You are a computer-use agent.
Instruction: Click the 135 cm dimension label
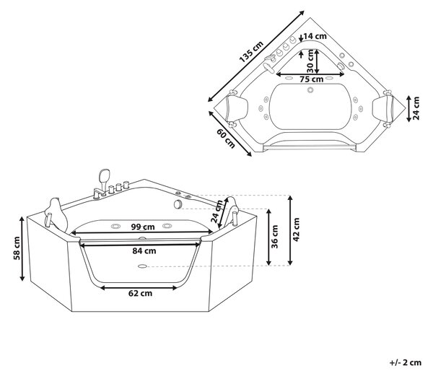(x=251, y=52)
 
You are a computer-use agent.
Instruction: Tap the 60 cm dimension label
(x=226, y=139)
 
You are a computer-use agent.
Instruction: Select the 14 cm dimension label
(x=315, y=36)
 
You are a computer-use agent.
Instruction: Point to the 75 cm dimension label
(x=312, y=79)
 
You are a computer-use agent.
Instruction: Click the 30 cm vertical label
(x=310, y=61)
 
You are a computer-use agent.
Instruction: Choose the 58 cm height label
(x=17, y=248)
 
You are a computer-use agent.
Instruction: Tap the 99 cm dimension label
(x=143, y=227)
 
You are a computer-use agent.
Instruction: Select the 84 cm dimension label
(x=144, y=251)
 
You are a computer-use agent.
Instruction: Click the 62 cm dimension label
(x=140, y=293)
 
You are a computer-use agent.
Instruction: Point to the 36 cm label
(x=275, y=237)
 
